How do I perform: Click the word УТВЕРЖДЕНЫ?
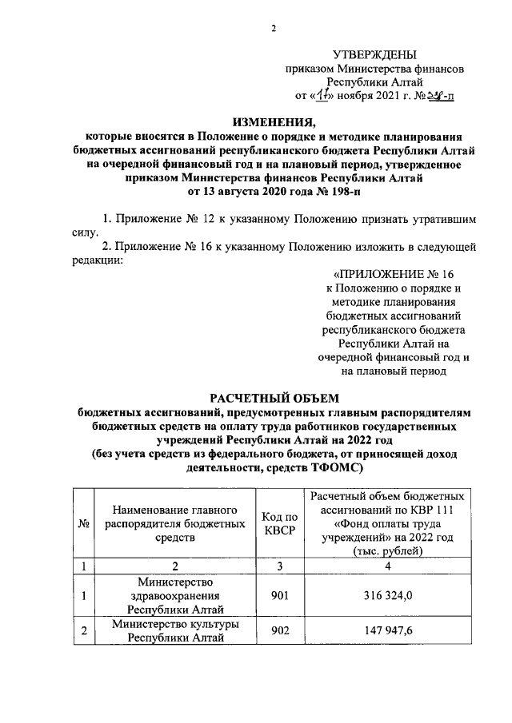point(375,54)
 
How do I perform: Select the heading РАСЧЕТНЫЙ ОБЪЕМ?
point(274,398)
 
